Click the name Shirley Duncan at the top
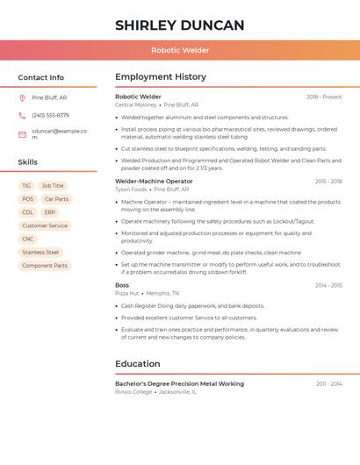coord(180,25)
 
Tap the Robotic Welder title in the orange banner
coord(180,50)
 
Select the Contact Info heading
coord(41,77)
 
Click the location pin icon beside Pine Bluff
coord(22,97)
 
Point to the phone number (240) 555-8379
coord(50,115)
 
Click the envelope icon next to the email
coord(22,134)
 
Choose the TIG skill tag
coord(26,186)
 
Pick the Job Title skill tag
coord(53,186)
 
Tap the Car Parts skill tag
coord(56,199)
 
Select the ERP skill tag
coord(49,212)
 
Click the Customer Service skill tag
coord(45,225)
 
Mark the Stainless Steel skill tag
coord(40,252)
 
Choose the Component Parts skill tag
coord(45,265)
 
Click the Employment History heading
coord(161,77)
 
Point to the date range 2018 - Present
coord(324,97)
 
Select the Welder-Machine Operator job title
coord(154,181)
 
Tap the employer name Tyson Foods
coord(131,189)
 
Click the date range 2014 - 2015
coord(328,285)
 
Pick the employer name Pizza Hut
coord(127,293)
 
